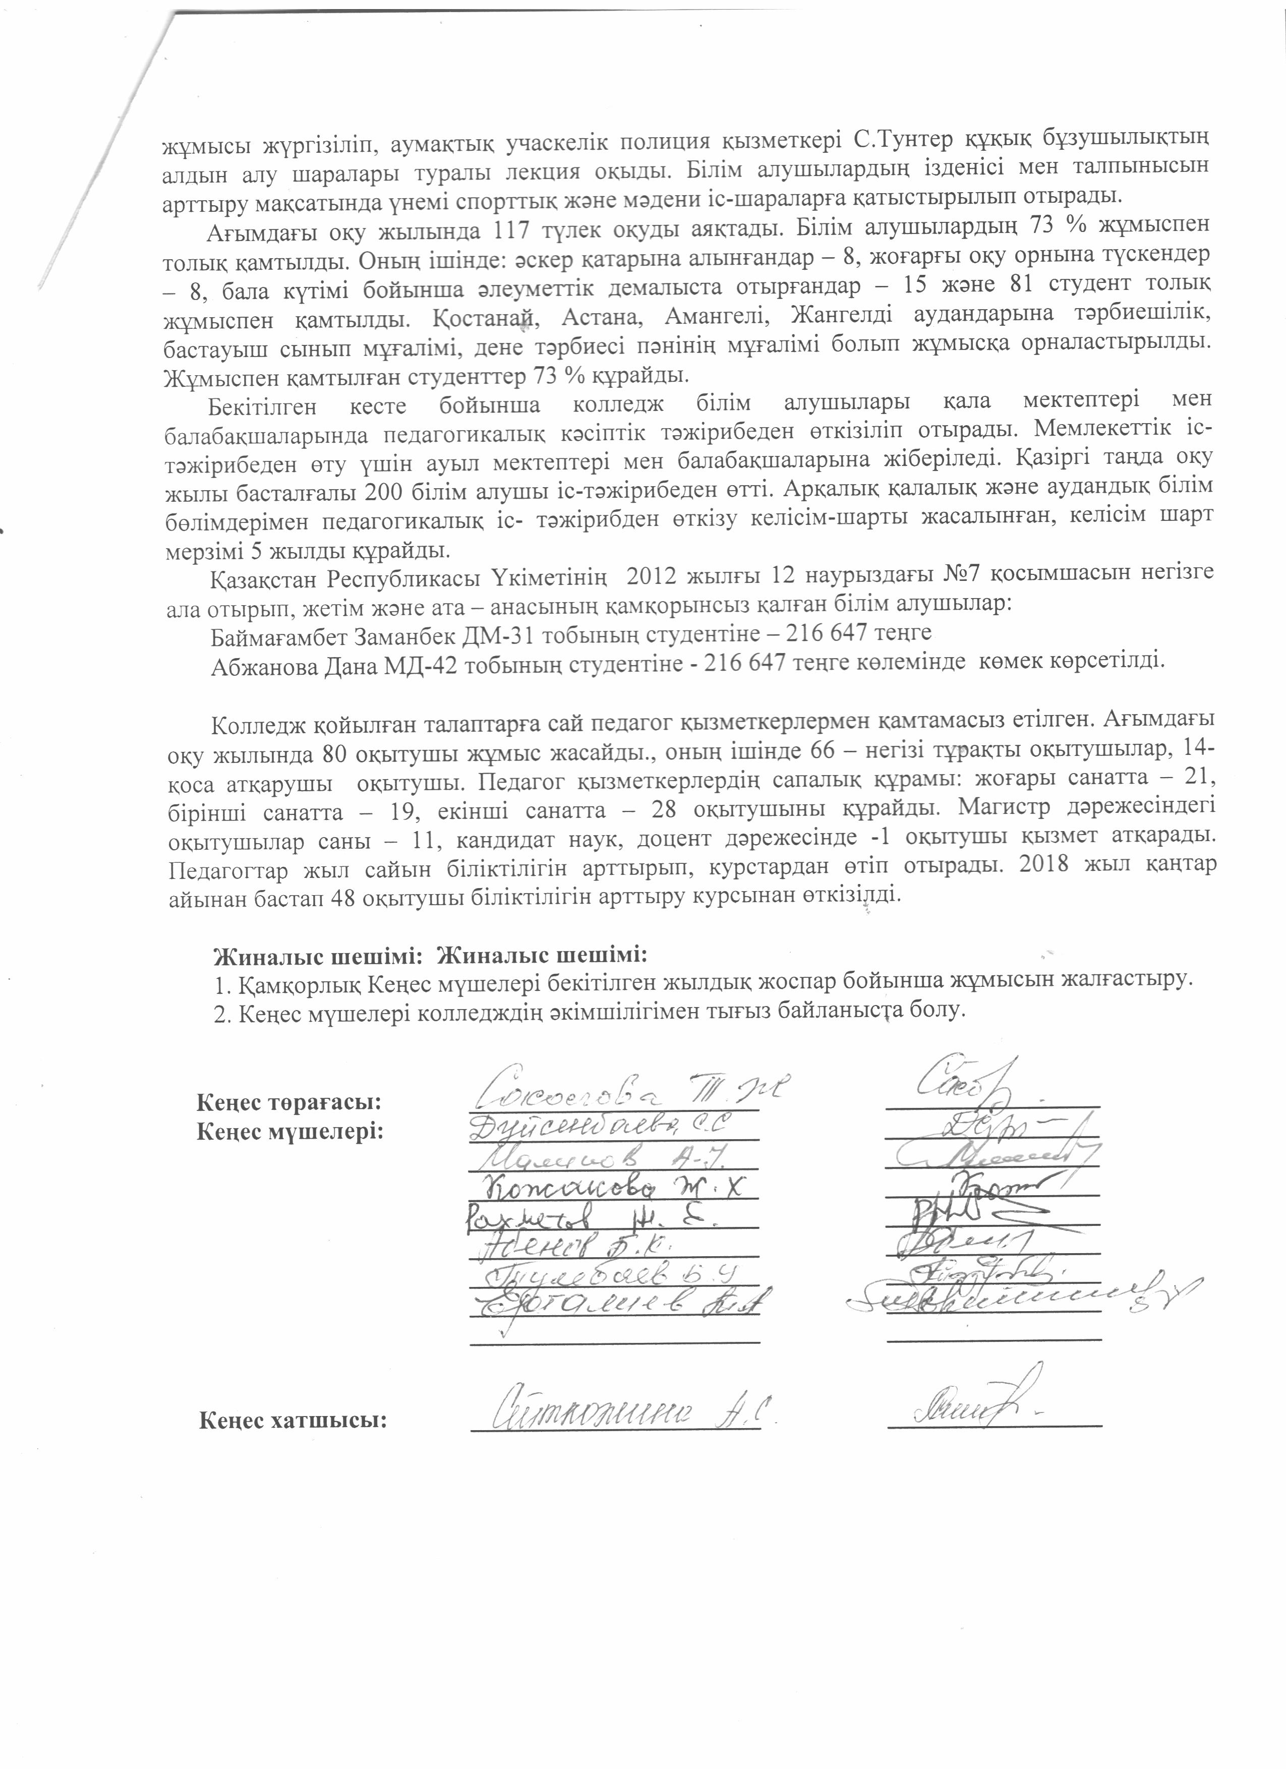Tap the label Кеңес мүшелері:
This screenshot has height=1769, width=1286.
pyautogui.click(x=290, y=1131)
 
